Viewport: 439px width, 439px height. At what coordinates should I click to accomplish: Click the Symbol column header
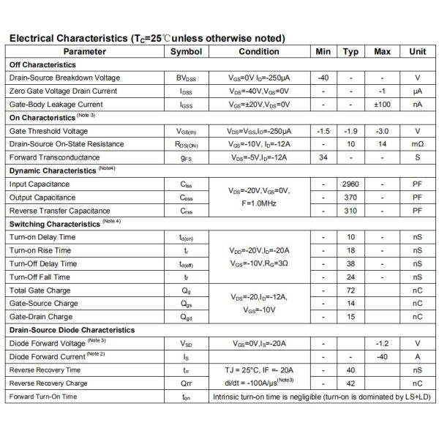point(186,51)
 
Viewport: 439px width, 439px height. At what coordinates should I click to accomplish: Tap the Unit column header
point(417,51)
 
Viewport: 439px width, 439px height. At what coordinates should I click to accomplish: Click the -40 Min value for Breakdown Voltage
point(323,78)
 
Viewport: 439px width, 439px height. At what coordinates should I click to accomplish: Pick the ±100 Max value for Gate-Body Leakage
point(382,104)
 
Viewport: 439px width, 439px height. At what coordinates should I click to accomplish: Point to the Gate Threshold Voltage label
point(48,131)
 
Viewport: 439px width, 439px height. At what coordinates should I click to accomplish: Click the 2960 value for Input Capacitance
point(350,184)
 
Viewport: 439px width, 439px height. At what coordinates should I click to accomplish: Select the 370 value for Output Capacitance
point(350,198)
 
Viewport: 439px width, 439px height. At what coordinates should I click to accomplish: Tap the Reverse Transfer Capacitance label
point(60,211)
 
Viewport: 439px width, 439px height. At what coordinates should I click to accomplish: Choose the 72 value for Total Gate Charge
point(350,290)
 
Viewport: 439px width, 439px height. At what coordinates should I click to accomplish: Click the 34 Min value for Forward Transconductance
point(323,157)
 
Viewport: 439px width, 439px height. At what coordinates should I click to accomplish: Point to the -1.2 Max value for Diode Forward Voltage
point(382,343)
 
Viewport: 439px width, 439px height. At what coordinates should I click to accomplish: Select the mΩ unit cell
point(417,144)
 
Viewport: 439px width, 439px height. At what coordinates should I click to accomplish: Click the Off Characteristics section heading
point(42,64)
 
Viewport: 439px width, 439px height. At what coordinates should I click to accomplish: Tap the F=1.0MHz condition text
point(259,203)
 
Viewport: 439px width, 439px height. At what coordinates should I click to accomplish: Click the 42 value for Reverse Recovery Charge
point(350,383)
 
